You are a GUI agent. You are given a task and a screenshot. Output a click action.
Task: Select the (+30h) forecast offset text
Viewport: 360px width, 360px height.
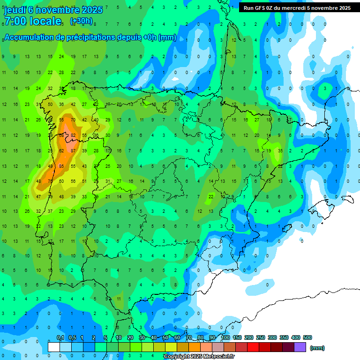(81, 21)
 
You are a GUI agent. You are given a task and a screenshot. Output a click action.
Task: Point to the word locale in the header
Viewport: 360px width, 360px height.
(46, 21)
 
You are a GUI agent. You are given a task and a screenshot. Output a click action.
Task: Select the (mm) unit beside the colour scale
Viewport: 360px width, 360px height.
(317, 348)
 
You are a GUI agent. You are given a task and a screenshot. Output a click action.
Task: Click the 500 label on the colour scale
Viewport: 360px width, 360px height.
(307, 337)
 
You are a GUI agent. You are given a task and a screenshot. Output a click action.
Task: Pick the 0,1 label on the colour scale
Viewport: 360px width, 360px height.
(60, 337)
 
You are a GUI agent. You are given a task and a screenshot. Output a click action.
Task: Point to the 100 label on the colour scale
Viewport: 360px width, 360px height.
(225, 337)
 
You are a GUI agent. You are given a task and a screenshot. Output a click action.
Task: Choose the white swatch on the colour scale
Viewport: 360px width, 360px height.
(53, 347)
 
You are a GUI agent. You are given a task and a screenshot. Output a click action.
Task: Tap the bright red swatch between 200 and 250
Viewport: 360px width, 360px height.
(253, 347)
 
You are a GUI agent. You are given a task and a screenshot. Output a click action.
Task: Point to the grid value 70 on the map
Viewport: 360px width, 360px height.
(73, 120)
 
